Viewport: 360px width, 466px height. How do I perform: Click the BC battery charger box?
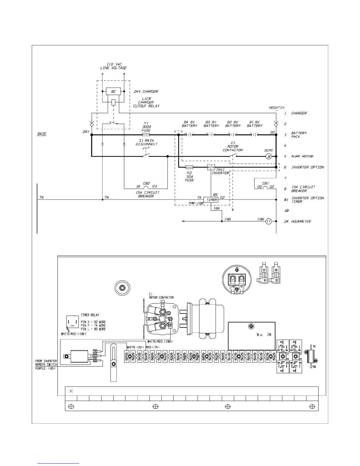pyautogui.click(x=113, y=91)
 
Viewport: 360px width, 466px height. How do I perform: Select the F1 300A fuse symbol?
pyautogui.click(x=146, y=134)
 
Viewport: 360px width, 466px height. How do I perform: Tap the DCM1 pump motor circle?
pyautogui.click(x=269, y=157)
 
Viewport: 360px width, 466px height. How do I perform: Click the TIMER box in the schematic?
pyautogui.click(x=211, y=200)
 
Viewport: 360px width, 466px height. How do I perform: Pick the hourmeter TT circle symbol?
pyautogui.click(x=269, y=221)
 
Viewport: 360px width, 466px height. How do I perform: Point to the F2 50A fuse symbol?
pyautogui.click(x=189, y=167)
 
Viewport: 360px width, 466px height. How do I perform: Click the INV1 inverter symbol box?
pyautogui.click(x=211, y=167)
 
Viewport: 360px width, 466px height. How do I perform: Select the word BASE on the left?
pyautogui.click(x=42, y=134)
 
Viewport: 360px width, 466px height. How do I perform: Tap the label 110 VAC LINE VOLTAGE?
pyautogui.click(x=113, y=66)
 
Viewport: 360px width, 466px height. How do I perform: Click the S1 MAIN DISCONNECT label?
pyautogui.click(x=146, y=142)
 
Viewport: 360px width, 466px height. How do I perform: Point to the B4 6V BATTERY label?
pyautogui.click(x=189, y=124)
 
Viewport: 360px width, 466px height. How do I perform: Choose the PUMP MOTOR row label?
pyautogui.click(x=302, y=157)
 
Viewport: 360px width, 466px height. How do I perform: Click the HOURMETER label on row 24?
pyautogui.click(x=301, y=221)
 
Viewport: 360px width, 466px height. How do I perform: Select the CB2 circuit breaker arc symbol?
pyautogui.click(x=146, y=187)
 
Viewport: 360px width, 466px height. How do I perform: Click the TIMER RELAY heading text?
pyautogui.click(x=90, y=315)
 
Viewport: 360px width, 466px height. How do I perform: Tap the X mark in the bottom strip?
pyautogui.click(x=71, y=391)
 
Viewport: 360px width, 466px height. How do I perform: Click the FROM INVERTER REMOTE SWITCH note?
pyautogui.click(x=46, y=365)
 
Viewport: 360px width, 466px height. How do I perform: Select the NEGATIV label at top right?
pyautogui.click(x=276, y=108)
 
